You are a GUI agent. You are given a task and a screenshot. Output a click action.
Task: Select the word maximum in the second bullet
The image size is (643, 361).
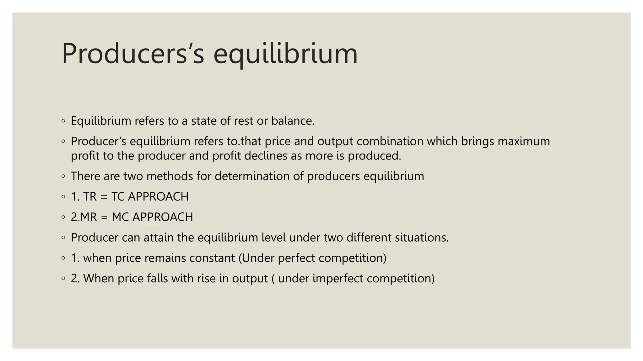(x=524, y=141)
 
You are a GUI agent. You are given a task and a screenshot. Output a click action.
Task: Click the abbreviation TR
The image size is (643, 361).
(x=90, y=197)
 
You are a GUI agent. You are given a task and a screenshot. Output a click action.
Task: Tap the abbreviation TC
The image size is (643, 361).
(x=118, y=197)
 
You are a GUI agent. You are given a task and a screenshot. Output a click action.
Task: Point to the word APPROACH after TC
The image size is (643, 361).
(x=158, y=197)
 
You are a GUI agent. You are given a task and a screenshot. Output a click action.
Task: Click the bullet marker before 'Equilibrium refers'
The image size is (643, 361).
(x=63, y=121)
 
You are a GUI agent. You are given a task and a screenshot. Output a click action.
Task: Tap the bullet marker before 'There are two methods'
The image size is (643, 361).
(x=63, y=176)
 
